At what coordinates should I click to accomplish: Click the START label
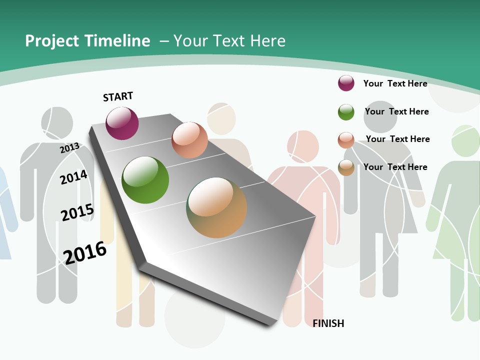click(118, 96)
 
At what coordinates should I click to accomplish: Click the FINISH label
click(328, 323)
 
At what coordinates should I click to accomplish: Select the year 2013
click(70, 148)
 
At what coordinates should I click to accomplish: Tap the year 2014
click(73, 177)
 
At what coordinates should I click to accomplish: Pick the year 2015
click(77, 212)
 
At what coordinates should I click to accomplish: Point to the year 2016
click(85, 252)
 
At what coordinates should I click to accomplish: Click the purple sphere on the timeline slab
click(122, 123)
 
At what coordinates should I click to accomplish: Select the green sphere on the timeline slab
click(145, 180)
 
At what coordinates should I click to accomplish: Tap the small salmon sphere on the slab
click(189, 140)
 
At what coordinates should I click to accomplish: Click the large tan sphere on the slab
click(216, 207)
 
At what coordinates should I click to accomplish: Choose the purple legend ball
click(346, 83)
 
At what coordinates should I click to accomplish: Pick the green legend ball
click(346, 112)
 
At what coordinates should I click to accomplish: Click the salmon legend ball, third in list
click(346, 140)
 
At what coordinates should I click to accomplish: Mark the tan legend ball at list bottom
click(346, 167)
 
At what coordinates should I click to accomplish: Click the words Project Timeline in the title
click(87, 41)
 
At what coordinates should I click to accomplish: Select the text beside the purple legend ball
click(395, 83)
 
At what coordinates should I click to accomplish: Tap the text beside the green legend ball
click(396, 111)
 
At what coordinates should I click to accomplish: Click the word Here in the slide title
click(267, 41)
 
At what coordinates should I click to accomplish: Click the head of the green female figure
click(465, 140)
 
